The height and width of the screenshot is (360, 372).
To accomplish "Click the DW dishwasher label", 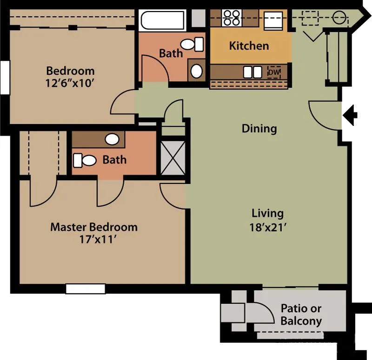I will pyautogui.click(x=274, y=72).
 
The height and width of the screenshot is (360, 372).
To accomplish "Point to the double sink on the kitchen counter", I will pyautogui.click(x=252, y=72).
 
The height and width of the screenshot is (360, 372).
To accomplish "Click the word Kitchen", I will pyautogui.click(x=249, y=46).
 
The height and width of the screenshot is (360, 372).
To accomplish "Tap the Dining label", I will pyautogui.click(x=259, y=129).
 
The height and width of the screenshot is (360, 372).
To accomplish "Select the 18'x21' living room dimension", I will pyautogui.click(x=267, y=228).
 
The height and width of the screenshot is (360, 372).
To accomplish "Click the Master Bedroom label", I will pyautogui.click(x=93, y=227).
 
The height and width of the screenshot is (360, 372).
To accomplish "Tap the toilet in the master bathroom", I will pyautogui.click(x=84, y=160).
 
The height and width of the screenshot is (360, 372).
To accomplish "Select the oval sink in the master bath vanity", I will pyautogui.click(x=112, y=139).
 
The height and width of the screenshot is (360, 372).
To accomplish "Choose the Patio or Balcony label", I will pyautogui.click(x=301, y=314).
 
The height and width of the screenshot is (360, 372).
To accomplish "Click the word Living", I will pyautogui.click(x=267, y=214).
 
